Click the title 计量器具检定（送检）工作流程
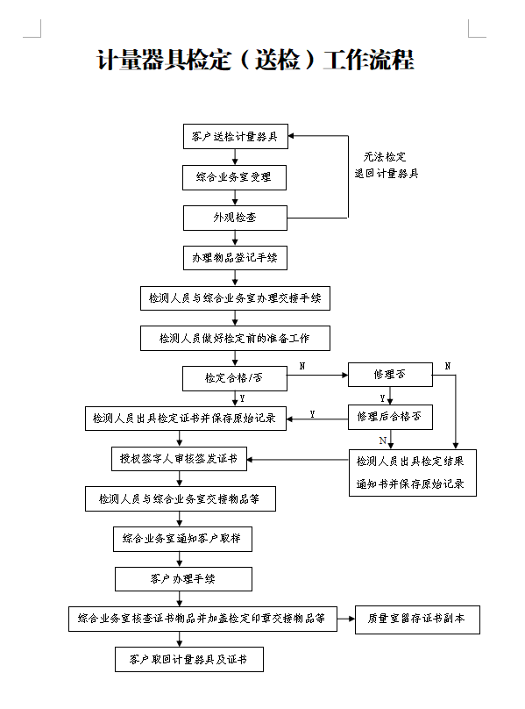click(255, 60)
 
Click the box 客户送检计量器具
click(236, 136)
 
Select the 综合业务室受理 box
click(235, 177)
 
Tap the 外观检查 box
click(235, 218)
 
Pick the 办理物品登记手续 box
click(235, 258)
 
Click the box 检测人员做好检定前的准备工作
click(235, 338)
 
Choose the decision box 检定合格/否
click(235, 378)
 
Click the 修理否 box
click(390, 375)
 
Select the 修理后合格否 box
click(390, 417)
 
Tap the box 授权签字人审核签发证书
click(180, 459)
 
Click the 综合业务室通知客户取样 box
click(182, 539)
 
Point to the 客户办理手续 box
click(183, 579)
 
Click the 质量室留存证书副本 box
click(417, 619)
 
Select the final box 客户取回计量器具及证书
click(188, 659)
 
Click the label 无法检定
click(385, 157)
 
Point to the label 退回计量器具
click(387, 173)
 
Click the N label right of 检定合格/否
click(302, 366)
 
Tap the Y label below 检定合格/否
click(242, 398)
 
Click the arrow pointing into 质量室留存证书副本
click(346, 619)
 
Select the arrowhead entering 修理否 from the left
click(345, 375)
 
